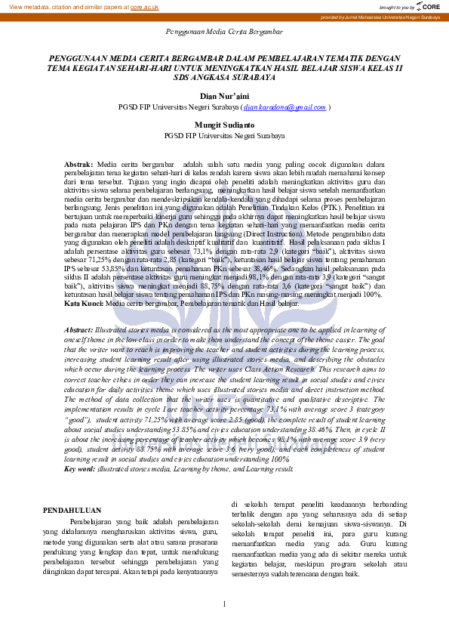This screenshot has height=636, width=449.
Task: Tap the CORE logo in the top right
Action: coord(429,6)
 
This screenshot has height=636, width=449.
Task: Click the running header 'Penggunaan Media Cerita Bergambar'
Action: coord(224,32)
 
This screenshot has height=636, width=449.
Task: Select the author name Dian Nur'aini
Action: coord(224,97)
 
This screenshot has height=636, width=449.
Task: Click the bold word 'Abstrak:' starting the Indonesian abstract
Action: coord(78,164)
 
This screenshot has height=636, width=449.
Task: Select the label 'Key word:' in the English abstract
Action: coord(80,469)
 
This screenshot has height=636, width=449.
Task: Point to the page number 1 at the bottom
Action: coord(224,604)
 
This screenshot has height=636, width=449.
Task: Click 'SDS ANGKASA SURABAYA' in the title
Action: coord(224,77)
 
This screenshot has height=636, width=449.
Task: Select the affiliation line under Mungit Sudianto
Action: coord(224,136)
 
